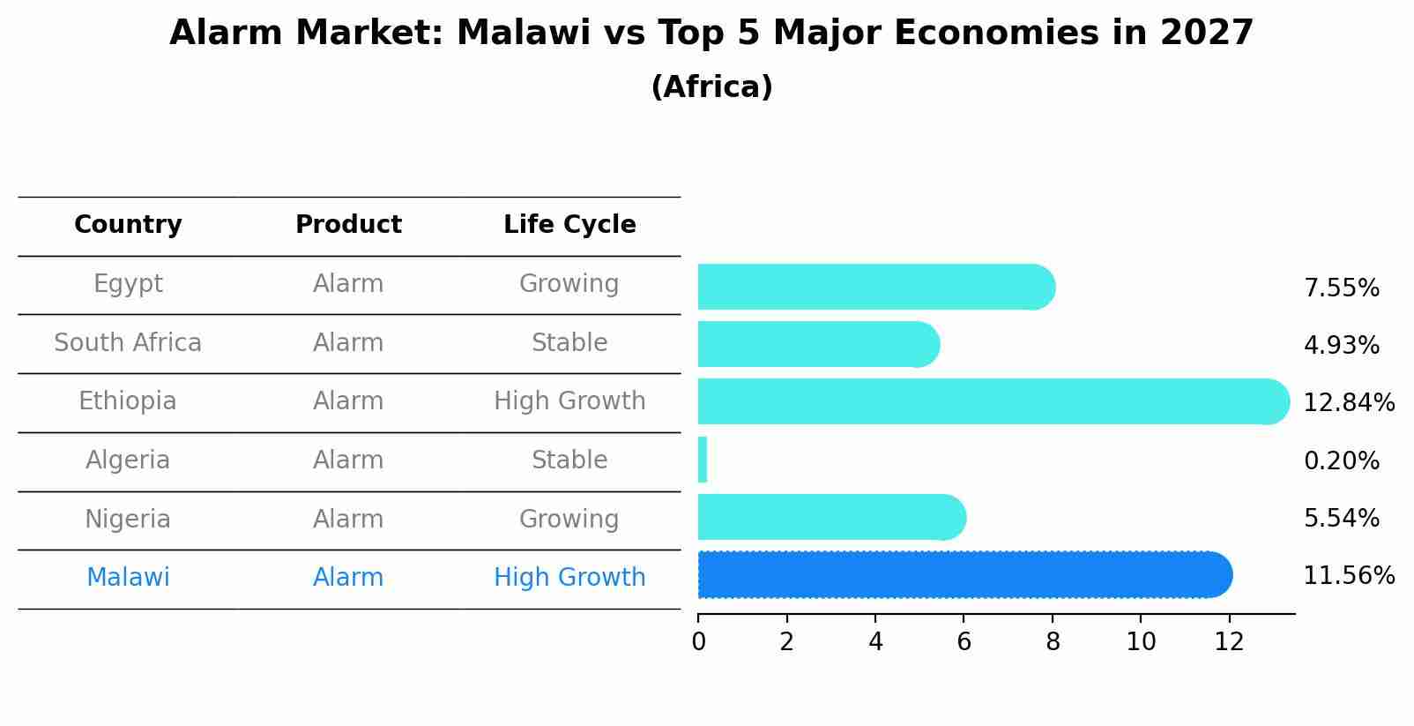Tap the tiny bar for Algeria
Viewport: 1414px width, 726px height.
coord(703,460)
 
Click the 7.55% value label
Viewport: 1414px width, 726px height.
coord(1341,288)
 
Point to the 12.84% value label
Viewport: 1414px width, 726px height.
coord(1348,403)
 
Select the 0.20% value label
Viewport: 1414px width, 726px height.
coord(1341,461)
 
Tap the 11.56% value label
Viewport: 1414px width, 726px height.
coord(1348,576)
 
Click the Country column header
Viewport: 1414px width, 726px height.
coord(128,225)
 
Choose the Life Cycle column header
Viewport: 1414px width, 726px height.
coord(569,225)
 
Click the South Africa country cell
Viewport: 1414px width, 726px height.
coord(128,343)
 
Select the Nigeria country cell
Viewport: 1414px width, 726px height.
coord(128,519)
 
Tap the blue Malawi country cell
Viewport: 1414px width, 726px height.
coord(128,578)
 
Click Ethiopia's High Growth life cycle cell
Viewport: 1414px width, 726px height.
coord(569,401)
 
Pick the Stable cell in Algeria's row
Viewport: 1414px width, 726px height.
coord(569,460)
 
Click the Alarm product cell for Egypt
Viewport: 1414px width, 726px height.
coord(348,284)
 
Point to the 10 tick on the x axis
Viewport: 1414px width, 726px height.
coord(1141,642)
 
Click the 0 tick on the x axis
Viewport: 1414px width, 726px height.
coord(698,642)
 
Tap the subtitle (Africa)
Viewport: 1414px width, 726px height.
coord(711,87)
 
